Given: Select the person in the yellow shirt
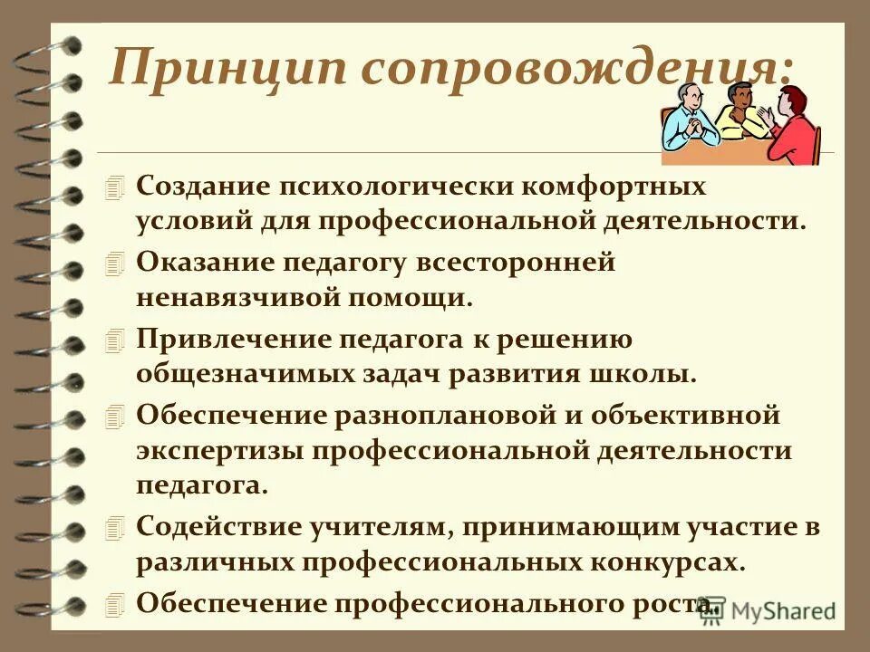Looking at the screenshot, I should coord(741,113).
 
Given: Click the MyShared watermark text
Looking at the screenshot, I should coord(785,611).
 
